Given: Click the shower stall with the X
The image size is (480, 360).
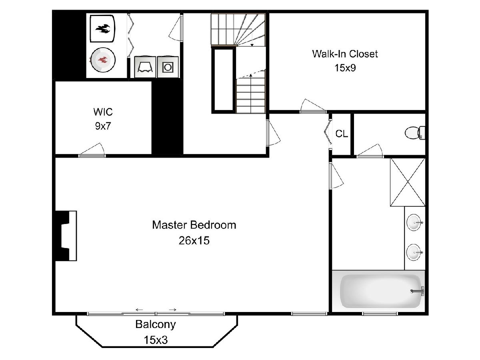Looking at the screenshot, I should (x=407, y=182).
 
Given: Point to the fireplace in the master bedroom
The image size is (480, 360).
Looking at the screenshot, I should (x=66, y=236).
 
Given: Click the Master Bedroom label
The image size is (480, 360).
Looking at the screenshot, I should (x=194, y=225).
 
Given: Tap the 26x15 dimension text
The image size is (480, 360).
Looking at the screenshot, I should (x=194, y=241).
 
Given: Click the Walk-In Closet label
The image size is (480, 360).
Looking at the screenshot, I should (x=345, y=54).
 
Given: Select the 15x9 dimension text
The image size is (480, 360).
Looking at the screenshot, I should (x=345, y=68).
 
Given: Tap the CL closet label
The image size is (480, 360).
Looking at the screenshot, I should (x=342, y=134).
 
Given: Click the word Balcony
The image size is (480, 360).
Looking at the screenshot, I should (x=155, y=324).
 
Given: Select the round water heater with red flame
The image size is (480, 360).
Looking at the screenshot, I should (x=103, y=60).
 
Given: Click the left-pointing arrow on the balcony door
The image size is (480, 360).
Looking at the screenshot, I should (x=140, y=310).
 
